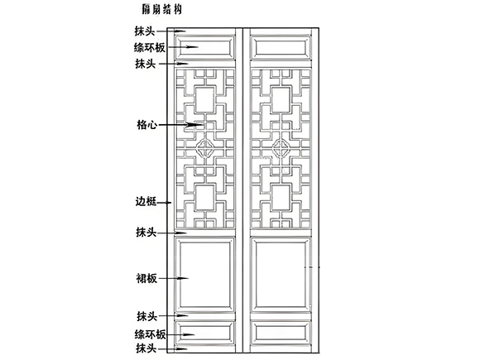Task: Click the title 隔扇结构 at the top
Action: [161, 9]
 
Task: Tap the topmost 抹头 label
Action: [145, 31]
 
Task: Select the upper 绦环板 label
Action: [150, 47]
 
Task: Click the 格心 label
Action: [147, 125]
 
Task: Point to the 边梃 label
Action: [146, 202]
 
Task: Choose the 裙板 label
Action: [146, 279]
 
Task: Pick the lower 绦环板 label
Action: [150, 334]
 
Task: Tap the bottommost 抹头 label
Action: [146, 348]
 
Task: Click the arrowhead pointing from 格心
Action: [195, 125]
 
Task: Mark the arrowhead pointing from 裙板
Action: [182, 279]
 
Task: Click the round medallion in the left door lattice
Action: [205, 148]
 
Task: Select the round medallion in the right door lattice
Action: [281, 148]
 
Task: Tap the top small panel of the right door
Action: [281, 47]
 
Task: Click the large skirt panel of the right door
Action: [281, 275]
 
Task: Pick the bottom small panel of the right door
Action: [281, 333]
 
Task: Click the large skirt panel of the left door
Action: [204, 275]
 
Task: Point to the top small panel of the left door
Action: [204, 47]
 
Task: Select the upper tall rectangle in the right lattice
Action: [281, 100]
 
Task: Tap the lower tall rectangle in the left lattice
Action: [204, 198]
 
